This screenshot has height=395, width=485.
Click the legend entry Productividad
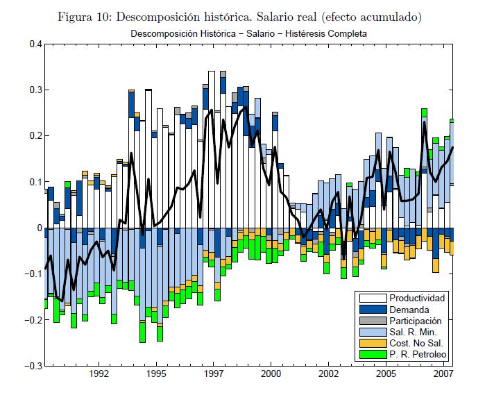coord(417,298)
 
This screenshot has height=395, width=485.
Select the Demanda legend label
coord(409,310)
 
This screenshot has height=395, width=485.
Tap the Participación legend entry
coord(416,321)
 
